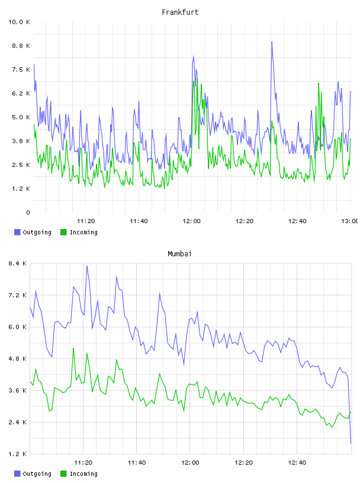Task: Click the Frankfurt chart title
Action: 180,12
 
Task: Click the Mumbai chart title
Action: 179,254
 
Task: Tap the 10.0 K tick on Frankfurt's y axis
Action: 19,22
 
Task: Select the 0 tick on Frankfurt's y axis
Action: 28,212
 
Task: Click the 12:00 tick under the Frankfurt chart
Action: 191,221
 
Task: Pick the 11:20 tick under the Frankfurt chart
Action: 86,221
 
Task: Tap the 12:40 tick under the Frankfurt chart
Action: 297,221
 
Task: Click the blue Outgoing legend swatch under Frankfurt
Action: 17,232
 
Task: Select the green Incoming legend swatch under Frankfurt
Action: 63,232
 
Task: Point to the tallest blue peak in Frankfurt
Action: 272,42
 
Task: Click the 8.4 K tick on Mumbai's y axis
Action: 18,263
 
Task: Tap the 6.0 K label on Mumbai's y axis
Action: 18,327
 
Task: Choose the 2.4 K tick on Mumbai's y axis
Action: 18,422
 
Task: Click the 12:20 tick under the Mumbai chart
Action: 243,462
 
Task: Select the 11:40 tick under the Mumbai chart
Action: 137,462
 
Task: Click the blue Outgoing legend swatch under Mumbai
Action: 17,474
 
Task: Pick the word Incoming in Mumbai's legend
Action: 83,474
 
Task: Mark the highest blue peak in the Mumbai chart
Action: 87,266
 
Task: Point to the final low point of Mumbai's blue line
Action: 351,443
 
